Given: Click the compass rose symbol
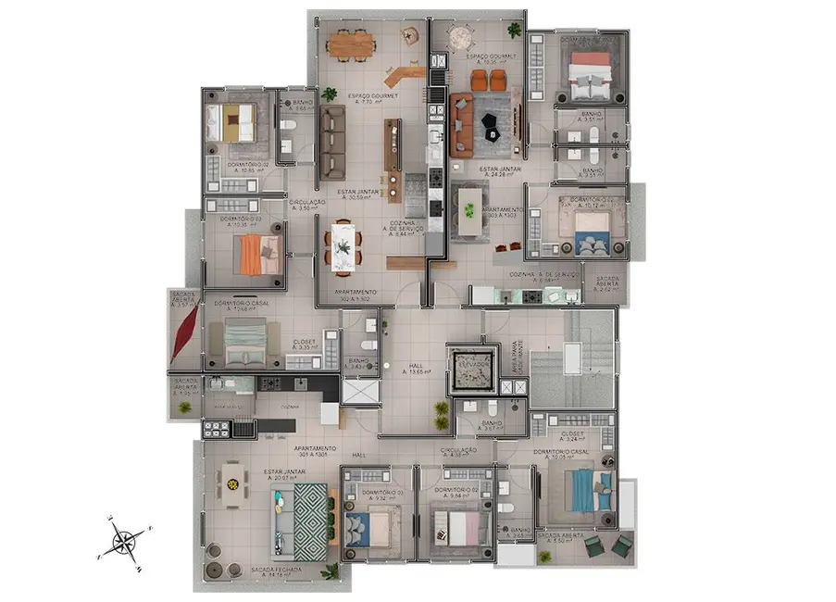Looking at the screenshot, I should pos(122,539).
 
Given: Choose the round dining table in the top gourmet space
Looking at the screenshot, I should pos(458,37).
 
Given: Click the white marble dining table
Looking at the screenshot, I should pos(343,245).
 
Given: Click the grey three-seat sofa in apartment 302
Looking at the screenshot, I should pos(331,144).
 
